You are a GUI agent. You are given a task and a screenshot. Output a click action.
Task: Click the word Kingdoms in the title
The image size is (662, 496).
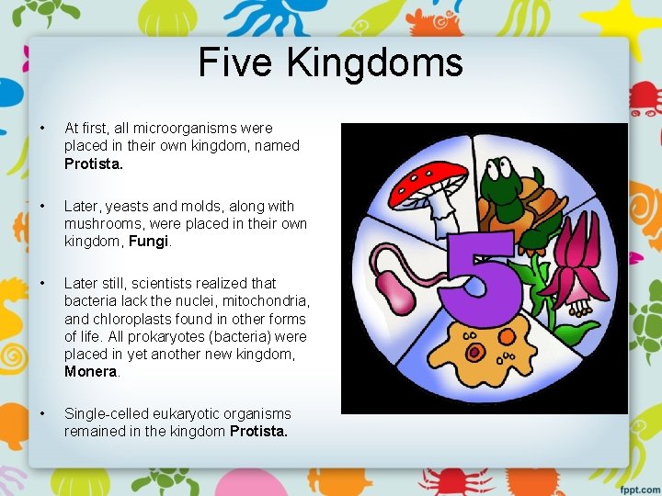pyautogui.click(x=375, y=63)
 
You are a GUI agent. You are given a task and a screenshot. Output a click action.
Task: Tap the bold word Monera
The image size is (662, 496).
pyautogui.click(x=91, y=372)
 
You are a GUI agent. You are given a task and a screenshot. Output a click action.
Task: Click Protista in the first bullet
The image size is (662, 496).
pyautogui.click(x=91, y=163)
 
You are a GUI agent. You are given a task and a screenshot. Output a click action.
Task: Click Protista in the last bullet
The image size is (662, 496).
pyautogui.click(x=258, y=431)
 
